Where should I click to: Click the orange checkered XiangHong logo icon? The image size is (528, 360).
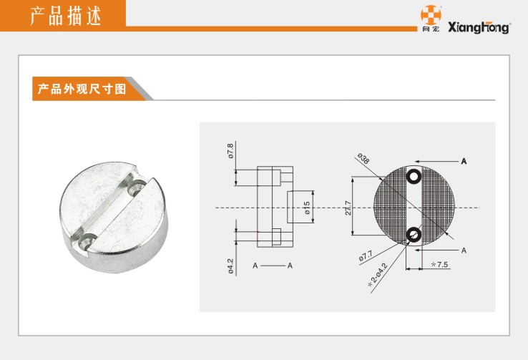(431, 15)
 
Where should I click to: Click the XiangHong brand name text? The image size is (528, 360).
(479, 28)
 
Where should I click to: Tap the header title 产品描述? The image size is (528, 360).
(66, 16)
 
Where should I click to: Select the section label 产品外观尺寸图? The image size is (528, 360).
(82, 89)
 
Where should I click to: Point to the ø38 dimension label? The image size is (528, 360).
(363, 159)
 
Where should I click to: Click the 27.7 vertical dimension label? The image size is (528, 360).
(348, 208)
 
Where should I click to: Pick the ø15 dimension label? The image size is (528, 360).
(306, 208)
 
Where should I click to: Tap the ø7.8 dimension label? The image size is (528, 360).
(230, 151)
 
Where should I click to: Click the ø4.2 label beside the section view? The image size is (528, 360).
(230, 266)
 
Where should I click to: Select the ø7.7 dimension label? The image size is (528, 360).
(366, 256)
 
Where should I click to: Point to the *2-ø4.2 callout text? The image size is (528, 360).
(378, 275)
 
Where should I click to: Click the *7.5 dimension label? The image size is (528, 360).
(440, 264)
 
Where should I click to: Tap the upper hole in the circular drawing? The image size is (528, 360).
(414, 176)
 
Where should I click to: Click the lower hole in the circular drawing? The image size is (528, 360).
(414, 234)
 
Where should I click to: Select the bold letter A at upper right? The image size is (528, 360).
(464, 161)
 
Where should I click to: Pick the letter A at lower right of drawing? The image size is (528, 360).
(464, 250)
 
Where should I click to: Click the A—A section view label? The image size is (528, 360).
(273, 266)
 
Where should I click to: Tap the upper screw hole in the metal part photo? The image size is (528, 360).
(137, 187)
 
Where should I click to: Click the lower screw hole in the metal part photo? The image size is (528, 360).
(87, 241)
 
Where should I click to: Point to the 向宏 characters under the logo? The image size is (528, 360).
(431, 29)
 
